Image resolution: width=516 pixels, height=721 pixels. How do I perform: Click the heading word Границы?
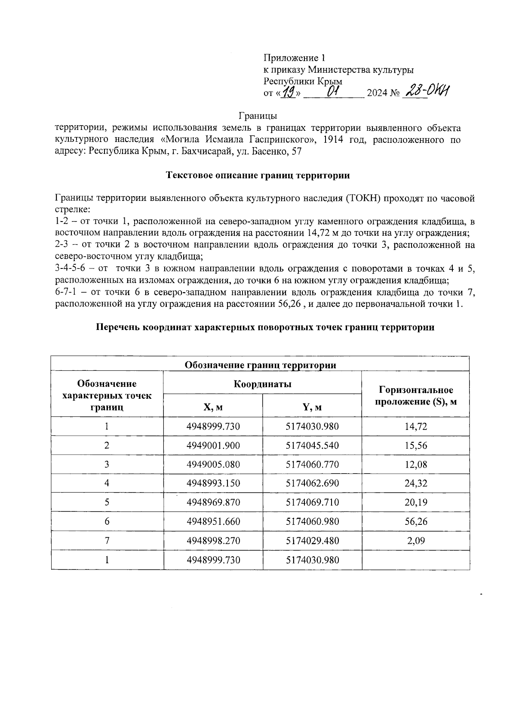258,116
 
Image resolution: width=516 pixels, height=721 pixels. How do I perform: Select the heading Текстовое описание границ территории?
258,175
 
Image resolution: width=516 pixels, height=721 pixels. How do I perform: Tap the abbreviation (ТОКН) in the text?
361,199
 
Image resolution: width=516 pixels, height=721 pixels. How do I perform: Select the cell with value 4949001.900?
213,445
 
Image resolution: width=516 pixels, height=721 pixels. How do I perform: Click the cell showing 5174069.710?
312,502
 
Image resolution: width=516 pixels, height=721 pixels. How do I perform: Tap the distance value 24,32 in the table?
415,483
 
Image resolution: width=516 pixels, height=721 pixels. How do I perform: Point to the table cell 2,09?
415,540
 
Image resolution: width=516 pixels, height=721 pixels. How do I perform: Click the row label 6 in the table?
107,521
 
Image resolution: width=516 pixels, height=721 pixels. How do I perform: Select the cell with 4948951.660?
213,521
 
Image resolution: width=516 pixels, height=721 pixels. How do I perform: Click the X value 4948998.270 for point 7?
213,540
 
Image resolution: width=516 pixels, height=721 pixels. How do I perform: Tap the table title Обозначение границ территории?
260,365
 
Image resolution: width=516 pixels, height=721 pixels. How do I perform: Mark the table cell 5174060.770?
312,464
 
